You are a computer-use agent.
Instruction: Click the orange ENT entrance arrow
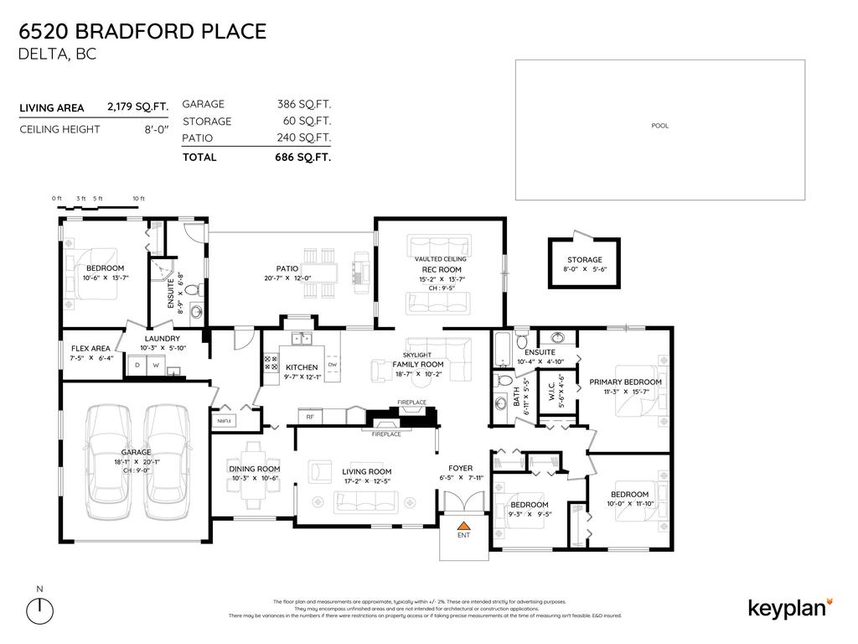(463, 524)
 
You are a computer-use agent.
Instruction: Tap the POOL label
(659, 126)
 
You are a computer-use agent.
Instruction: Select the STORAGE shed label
(584, 260)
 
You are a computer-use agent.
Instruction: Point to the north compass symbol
(39, 610)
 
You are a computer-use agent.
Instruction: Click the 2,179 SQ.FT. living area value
(137, 107)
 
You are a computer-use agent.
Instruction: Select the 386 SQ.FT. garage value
(304, 105)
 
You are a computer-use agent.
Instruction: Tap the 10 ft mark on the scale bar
(138, 199)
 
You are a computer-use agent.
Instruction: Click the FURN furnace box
(225, 419)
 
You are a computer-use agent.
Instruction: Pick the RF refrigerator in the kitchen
(309, 416)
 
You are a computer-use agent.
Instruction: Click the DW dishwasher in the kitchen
(333, 365)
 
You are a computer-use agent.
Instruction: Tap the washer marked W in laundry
(155, 366)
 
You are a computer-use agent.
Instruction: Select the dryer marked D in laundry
(137, 366)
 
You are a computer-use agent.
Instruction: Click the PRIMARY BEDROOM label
(625, 382)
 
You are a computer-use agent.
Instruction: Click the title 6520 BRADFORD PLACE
(142, 32)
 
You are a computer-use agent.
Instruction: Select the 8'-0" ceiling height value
(156, 129)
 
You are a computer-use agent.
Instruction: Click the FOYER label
(460, 468)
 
